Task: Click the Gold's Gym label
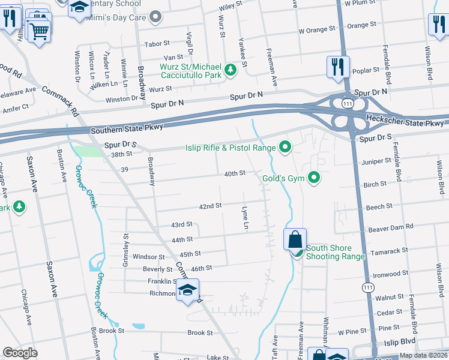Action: [283, 178]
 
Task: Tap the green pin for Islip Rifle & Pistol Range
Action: [285, 147]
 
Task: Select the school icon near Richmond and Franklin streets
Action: [188, 290]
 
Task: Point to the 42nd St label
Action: [211, 206]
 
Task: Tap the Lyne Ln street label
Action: [245, 218]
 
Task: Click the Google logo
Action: [20, 353]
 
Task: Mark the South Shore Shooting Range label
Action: [336, 252]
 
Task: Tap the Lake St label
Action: [214, 357]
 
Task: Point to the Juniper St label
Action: [378, 162]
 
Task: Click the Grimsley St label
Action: [125, 242]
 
